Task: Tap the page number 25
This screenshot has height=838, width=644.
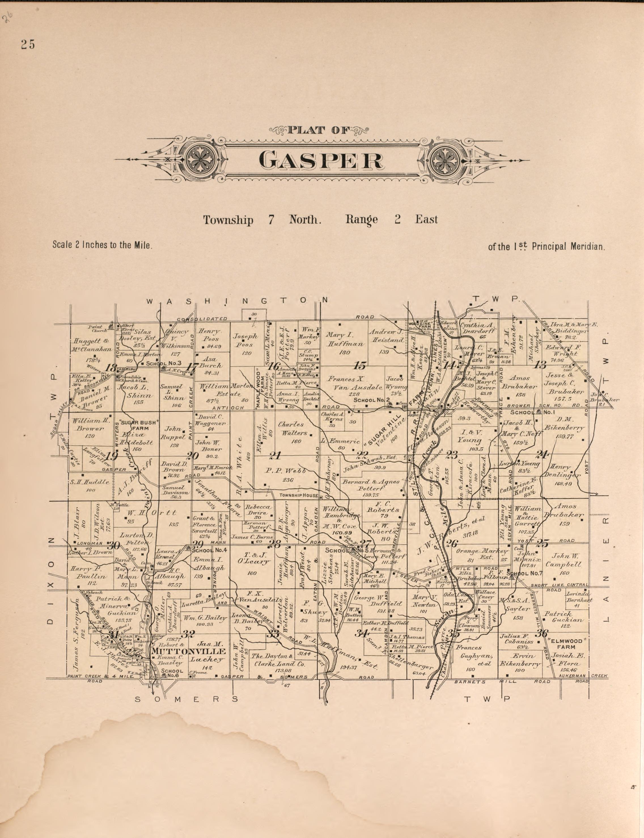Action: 28,45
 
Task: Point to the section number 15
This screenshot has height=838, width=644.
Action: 360,365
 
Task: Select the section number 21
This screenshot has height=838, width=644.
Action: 275,456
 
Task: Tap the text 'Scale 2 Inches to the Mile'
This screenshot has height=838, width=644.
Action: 103,245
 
